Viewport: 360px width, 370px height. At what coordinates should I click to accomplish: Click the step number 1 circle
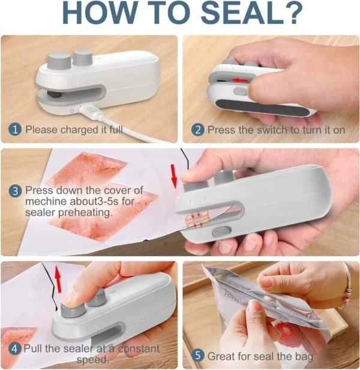point(16,129)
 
